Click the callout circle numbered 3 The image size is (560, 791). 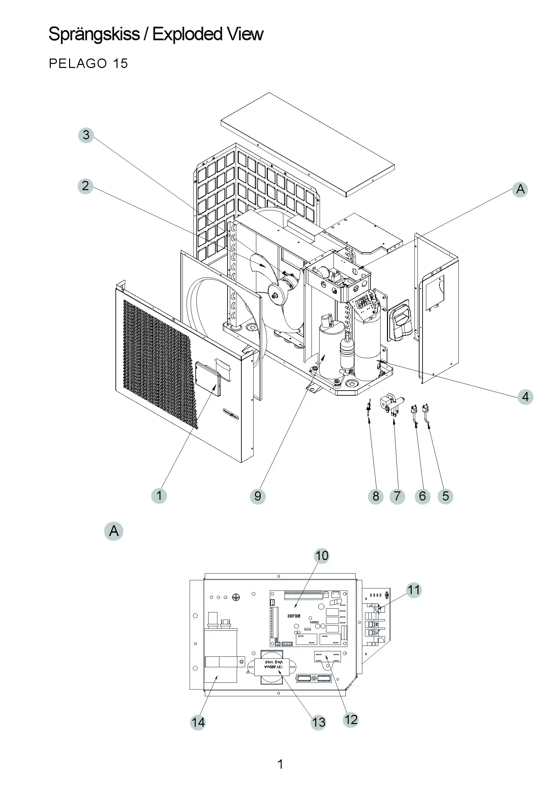point(86,135)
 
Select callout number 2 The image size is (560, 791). point(86,186)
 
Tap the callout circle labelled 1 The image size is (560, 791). point(159,496)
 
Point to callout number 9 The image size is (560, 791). point(258,496)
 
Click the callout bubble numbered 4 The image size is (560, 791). point(525,397)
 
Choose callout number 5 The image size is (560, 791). point(445,496)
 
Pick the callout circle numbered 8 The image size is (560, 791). point(375,496)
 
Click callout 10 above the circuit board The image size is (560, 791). point(322,556)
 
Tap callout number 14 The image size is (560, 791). point(198,722)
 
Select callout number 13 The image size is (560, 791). point(319,722)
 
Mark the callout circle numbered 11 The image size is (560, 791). point(414,590)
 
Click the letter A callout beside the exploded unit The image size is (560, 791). point(520,189)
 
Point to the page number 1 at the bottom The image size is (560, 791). point(280,764)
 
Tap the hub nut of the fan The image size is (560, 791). point(276,296)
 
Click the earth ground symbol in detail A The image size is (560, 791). point(237,597)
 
